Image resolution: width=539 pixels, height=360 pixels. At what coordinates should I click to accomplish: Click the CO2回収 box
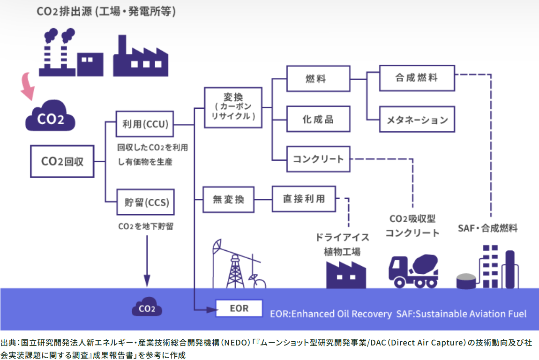[62, 162]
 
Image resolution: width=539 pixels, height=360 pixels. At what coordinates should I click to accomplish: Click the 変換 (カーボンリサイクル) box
[233, 107]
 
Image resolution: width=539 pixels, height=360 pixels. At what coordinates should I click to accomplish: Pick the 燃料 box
[318, 78]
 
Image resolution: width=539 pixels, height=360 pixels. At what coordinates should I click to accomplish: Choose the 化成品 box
[318, 119]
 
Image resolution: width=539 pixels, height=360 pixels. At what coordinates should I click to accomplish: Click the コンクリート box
[318, 158]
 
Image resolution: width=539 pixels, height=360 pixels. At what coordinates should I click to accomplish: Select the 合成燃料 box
[416, 78]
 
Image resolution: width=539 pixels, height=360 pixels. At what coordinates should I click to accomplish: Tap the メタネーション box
[416, 119]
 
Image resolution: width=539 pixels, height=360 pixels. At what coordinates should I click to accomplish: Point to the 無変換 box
[228, 199]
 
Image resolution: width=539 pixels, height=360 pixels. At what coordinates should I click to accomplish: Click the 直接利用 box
[304, 199]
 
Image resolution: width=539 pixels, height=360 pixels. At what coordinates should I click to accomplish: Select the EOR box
[239, 309]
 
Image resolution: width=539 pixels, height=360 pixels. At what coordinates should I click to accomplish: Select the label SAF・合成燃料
[487, 228]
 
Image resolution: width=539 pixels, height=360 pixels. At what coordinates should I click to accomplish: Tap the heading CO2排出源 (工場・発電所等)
[106, 12]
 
